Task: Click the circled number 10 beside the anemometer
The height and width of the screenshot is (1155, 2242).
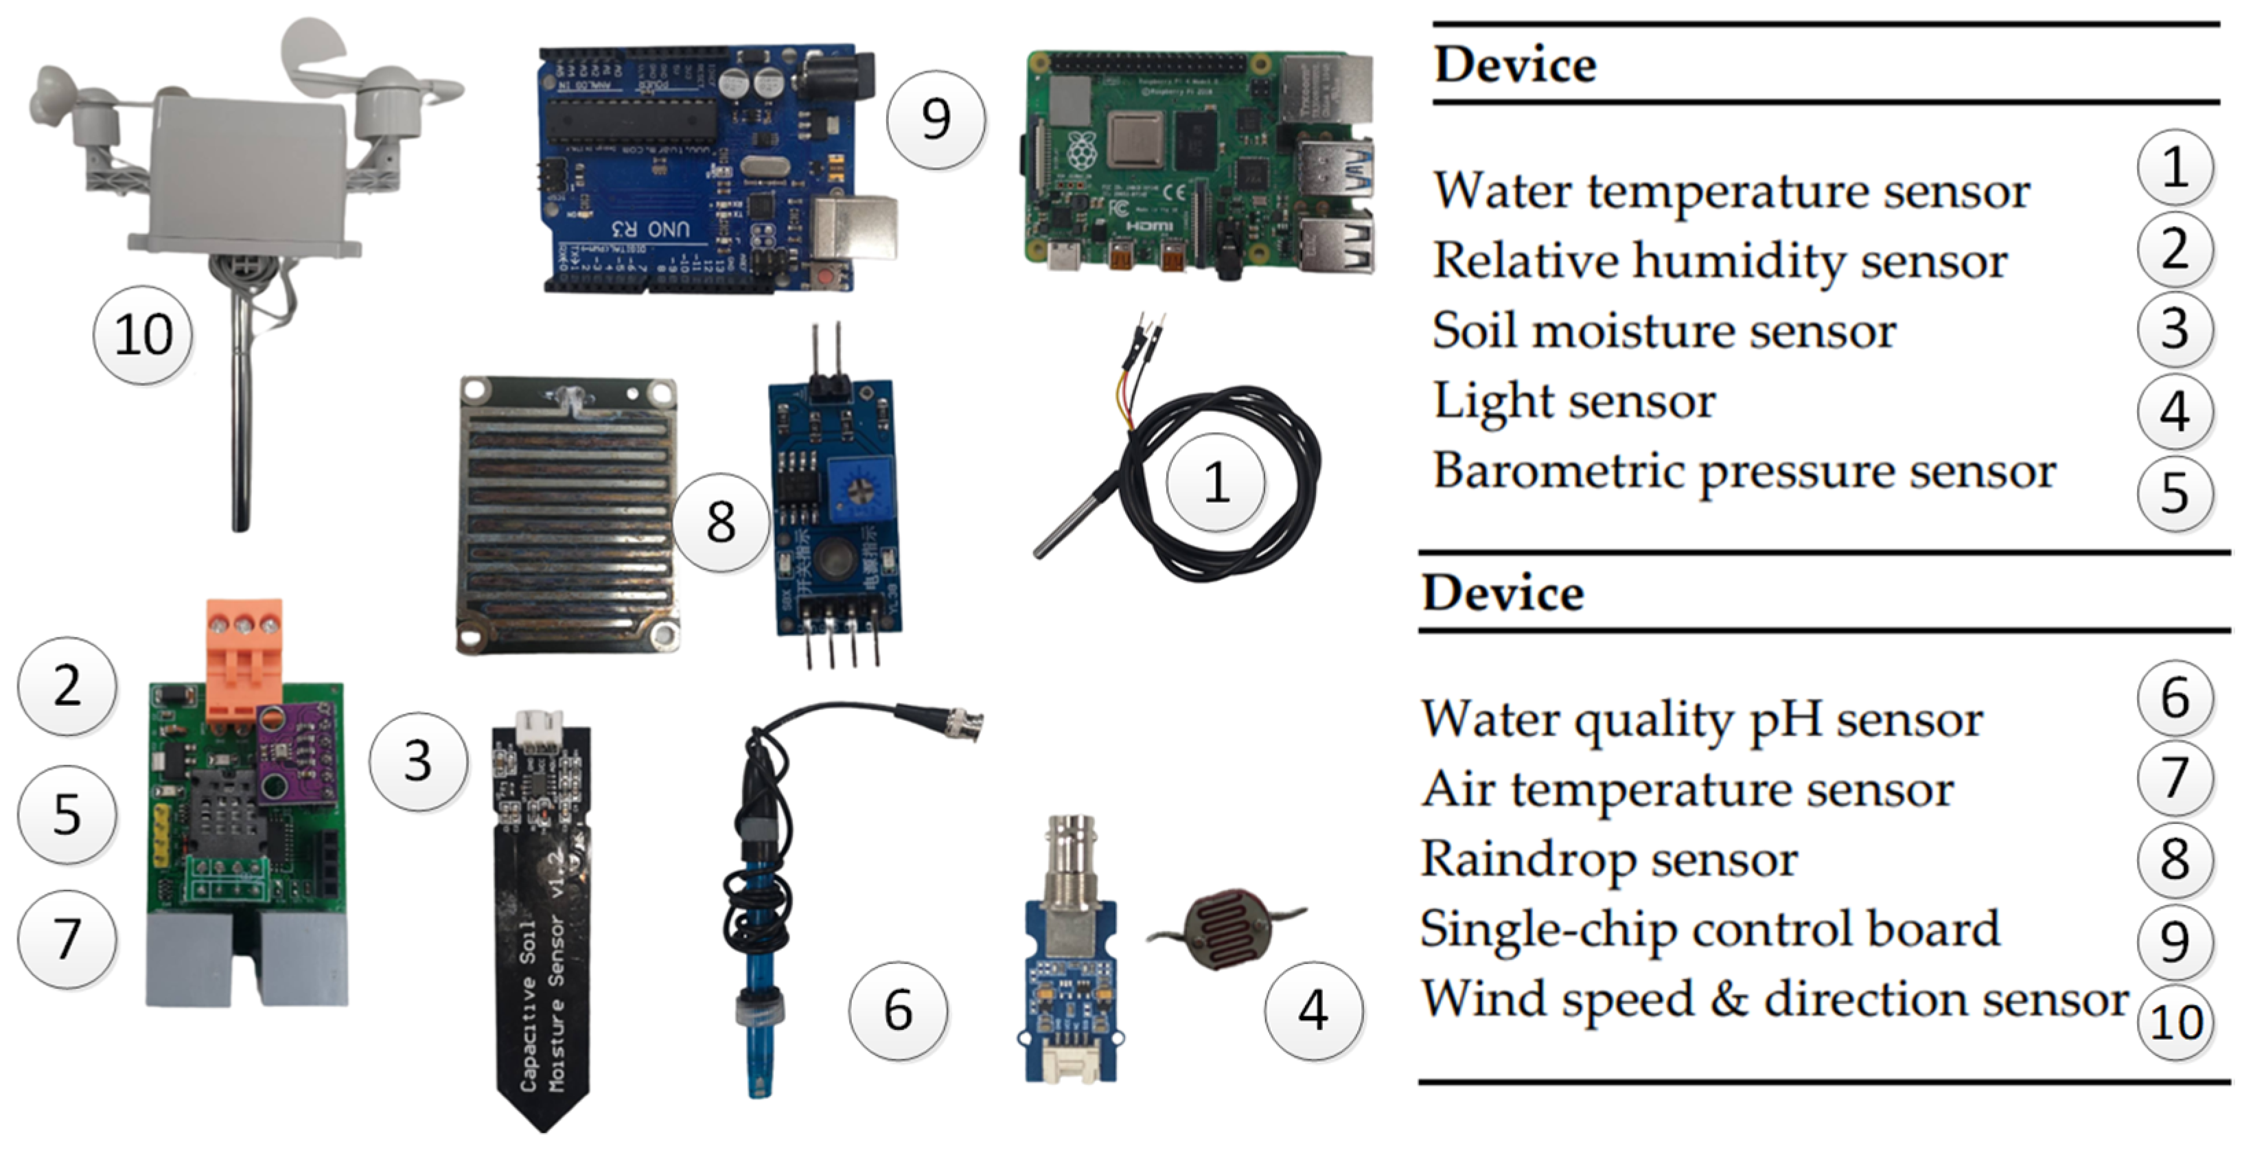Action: pyautogui.click(x=143, y=335)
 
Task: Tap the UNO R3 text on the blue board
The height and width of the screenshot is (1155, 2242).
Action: pyautogui.click(x=651, y=229)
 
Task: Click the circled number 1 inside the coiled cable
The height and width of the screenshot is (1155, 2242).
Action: pyautogui.click(x=1216, y=482)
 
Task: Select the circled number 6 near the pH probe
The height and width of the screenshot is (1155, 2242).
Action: pyautogui.click(x=898, y=1009)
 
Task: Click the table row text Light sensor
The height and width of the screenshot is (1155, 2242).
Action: pyautogui.click(x=1573, y=402)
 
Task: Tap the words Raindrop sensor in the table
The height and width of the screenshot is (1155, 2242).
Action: pyautogui.click(x=1608, y=860)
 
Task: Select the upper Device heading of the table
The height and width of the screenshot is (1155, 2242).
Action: pyautogui.click(x=1514, y=65)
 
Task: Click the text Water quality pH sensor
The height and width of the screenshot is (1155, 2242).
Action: pyautogui.click(x=1702, y=721)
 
